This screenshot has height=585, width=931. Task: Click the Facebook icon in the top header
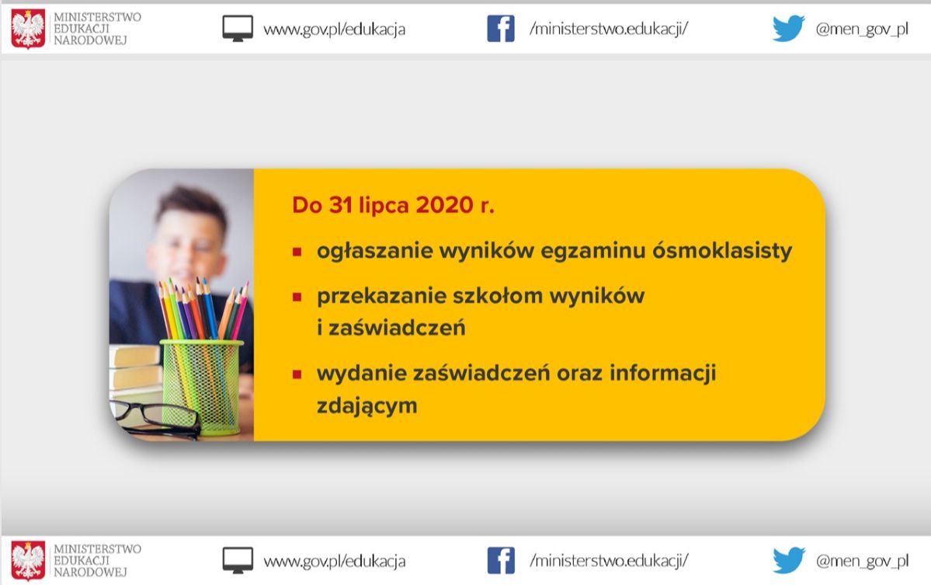tap(501, 29)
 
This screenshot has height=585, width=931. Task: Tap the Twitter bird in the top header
tap(788, 29)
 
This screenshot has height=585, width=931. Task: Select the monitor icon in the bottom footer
tap(238, 561)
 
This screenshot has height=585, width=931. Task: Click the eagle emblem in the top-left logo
tap(28, 29)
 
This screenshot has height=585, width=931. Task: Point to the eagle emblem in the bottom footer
tap(28, 561)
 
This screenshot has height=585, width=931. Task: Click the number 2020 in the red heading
tap(445, 205)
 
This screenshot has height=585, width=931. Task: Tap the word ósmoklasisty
tap(722, 251)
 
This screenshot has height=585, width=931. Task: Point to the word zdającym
tap(367, 406)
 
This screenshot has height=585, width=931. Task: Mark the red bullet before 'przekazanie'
tap(297, 296)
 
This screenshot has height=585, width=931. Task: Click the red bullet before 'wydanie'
tap(297, 374)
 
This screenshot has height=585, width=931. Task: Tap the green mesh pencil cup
tap(200, 387)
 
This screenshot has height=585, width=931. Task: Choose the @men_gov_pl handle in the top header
tap(862, 29)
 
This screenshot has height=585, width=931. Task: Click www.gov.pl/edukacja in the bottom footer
tap(335, 561)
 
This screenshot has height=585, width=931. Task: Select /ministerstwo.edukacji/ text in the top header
tap(609, 29)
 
